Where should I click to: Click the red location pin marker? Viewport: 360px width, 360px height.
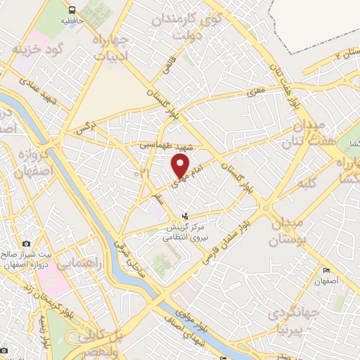click(181, 166)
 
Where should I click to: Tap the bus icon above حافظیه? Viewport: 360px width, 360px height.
click(73, 10)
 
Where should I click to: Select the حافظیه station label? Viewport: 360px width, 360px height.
click(73, 21)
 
